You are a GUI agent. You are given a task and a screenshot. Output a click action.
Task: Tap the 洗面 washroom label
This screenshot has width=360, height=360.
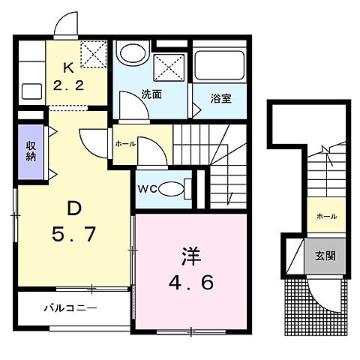pos(151,94)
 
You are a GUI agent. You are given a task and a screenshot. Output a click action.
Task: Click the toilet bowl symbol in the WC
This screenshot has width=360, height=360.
pos(173,187)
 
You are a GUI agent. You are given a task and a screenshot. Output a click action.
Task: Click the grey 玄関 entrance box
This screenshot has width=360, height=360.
pos(325,255)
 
